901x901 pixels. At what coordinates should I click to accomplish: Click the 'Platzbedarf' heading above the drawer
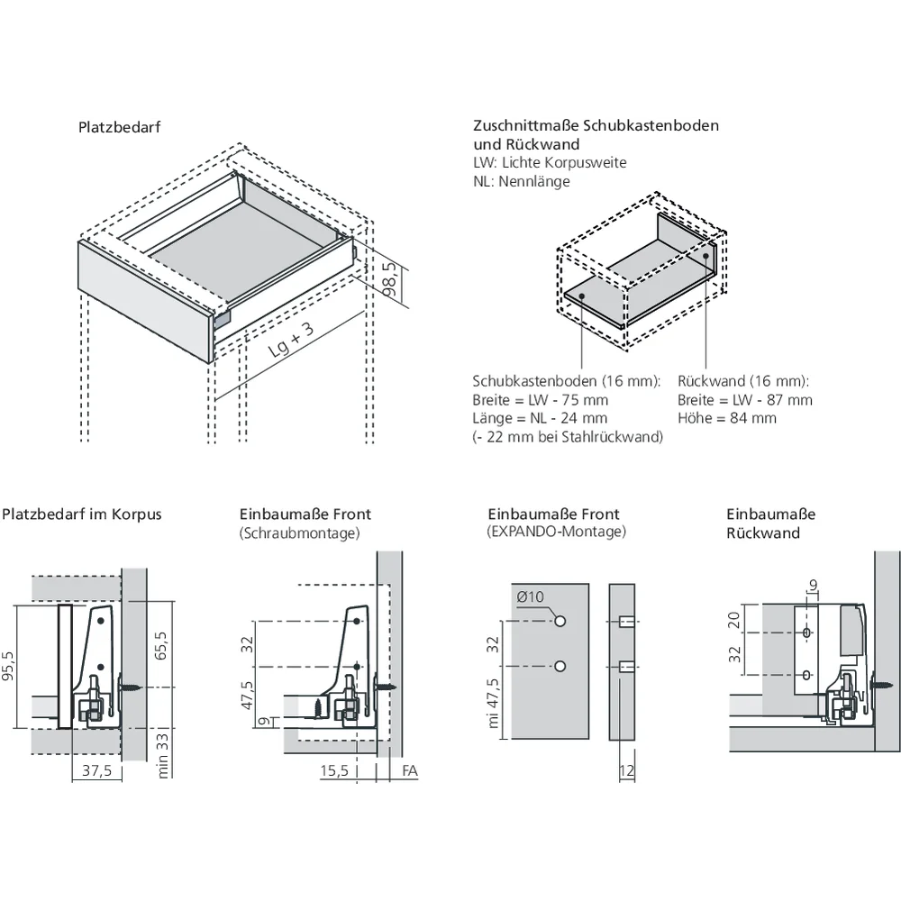(x=120, y=128)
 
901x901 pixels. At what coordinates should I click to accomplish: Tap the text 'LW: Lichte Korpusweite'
(x=550, y=162)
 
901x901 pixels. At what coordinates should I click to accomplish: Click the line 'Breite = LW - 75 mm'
(x=540, y=400)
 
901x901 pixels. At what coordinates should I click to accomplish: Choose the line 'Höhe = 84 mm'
(x=727, y=418)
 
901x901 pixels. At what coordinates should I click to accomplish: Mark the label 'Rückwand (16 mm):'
(x=743, y=381)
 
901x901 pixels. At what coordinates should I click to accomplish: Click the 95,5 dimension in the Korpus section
(x=8, y=666)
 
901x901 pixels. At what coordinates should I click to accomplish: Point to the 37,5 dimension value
(x=96, y=770)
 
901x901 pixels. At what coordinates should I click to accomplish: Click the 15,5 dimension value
(x=334, y=770)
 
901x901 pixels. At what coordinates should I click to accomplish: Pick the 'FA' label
(x=410, y=770)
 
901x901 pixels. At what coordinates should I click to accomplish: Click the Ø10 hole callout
(x=530, y=597)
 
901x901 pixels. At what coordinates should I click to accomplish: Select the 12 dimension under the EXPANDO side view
(x=627, y=770)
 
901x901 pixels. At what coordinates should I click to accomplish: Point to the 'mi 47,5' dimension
(x=493, y=703)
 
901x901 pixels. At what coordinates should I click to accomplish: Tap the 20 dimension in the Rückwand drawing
(x=733, y=621)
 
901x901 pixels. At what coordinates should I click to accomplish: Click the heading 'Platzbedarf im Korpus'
(x=82, y=514)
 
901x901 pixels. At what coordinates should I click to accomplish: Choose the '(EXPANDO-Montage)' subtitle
(x=556, y=532)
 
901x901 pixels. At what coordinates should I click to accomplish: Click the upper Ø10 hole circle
(x=560, y=621)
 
